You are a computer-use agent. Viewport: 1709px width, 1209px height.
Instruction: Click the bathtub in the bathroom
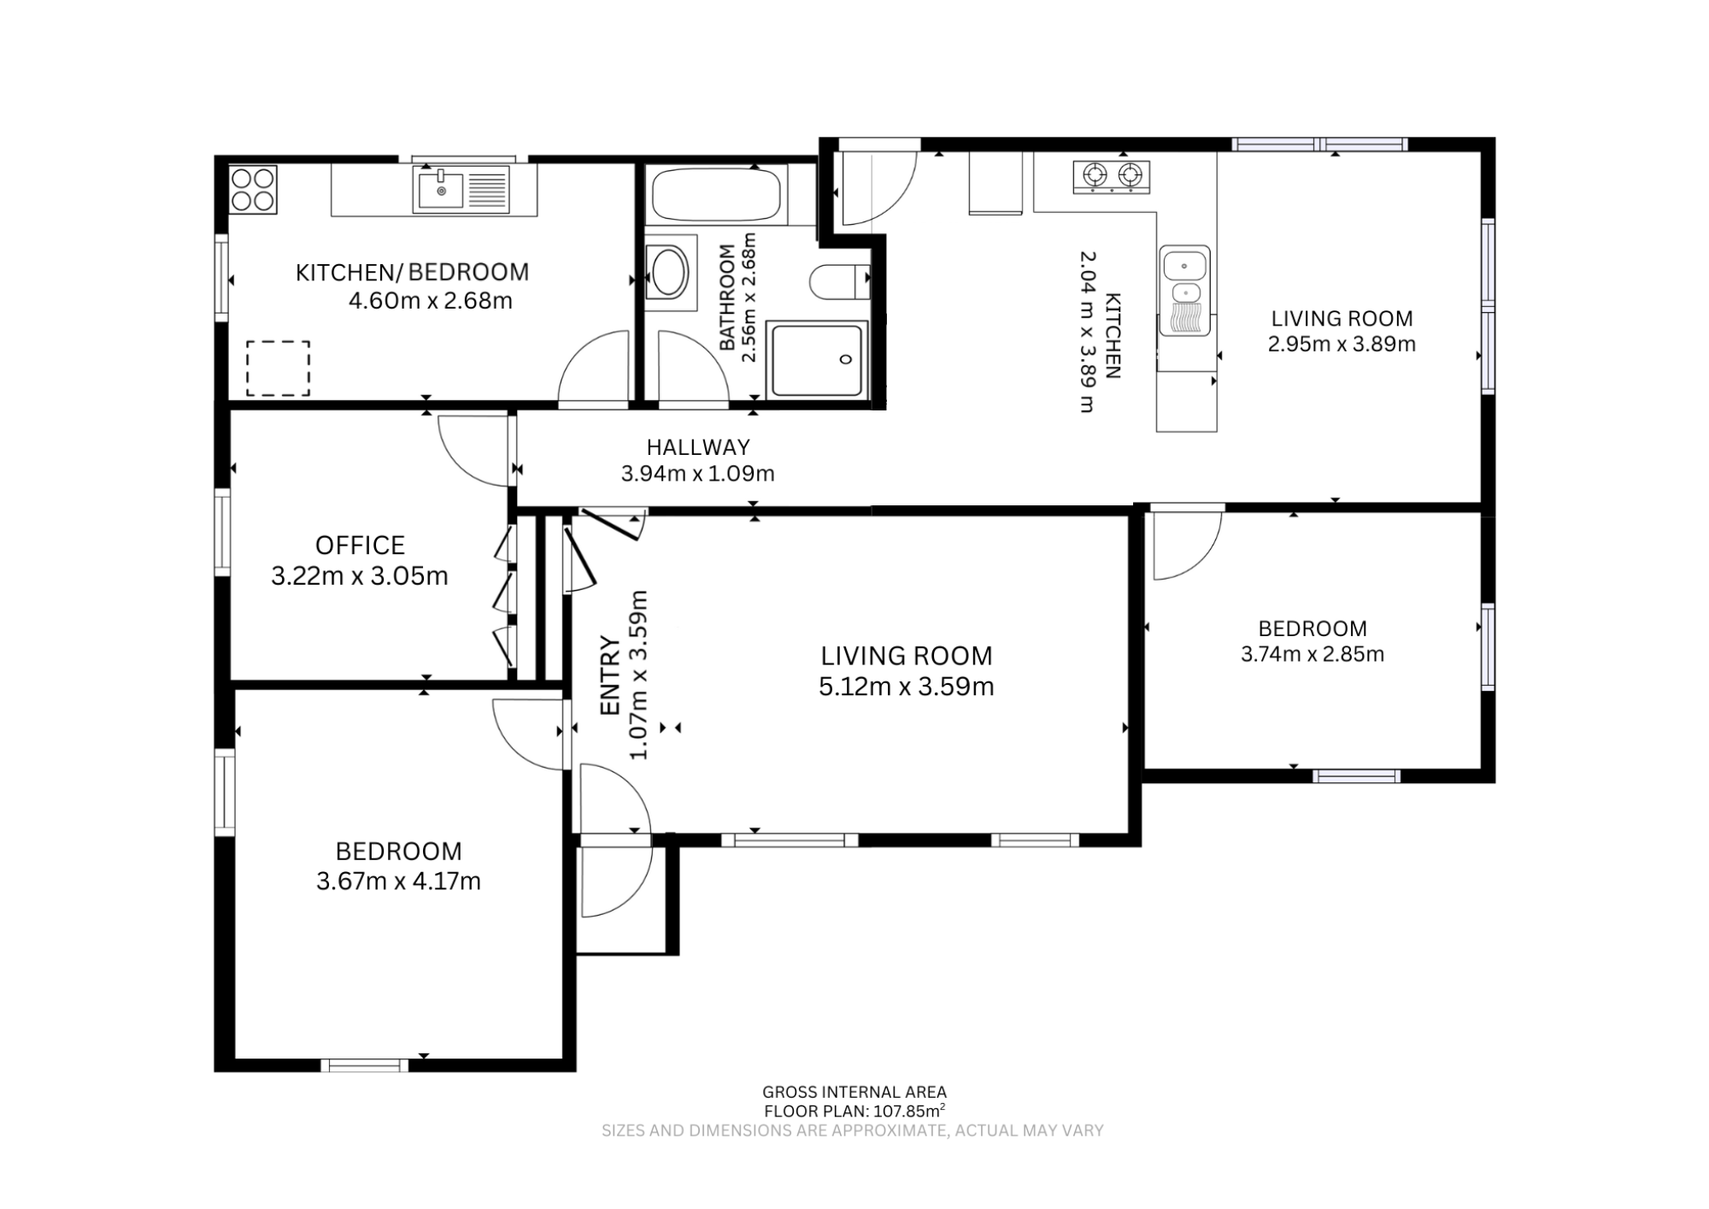click(716, 195)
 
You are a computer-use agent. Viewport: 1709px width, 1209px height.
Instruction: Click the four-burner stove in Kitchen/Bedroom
click(253, 189)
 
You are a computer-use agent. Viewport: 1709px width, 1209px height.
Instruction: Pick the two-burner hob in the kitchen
click(1111, 177)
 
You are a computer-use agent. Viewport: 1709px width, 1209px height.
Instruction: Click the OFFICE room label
click(360, 546)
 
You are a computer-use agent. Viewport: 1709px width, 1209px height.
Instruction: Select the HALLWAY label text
click(698, 447)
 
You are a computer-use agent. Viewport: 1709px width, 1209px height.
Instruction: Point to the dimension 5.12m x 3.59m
click(906, 687)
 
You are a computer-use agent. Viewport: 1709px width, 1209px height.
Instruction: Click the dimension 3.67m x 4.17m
click(398, 882)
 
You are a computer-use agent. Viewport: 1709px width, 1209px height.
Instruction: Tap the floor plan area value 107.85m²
click(908, 1112)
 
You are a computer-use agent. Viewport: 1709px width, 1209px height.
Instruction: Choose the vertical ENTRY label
click(609, 675)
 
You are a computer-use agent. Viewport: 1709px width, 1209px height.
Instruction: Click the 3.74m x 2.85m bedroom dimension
click(1313, 655)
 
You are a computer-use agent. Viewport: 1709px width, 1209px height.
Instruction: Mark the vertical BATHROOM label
click(727, 297)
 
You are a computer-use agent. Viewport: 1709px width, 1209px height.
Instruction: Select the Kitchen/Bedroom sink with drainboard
click(461, 189)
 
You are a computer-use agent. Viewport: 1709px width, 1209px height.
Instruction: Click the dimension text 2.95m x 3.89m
click(1342, 345)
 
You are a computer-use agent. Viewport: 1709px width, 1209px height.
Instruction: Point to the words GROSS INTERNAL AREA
click(854, 1092)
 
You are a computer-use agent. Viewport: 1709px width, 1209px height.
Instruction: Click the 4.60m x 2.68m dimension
click(431, 301)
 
